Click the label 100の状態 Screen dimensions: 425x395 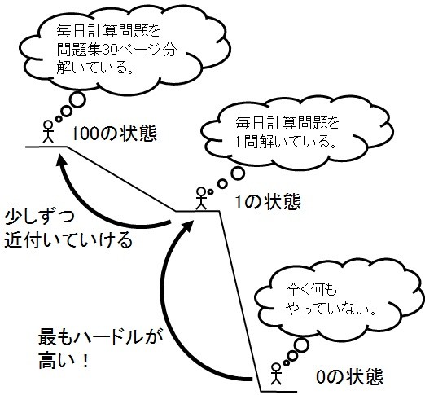click(114, 134)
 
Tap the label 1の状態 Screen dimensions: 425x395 click(268, 202)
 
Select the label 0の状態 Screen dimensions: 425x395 click(349, 376)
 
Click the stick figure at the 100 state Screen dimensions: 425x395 click(48, 132)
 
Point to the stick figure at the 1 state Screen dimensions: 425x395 click(201, 199)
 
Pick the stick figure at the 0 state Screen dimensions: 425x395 click(276, 374)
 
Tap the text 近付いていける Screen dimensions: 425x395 click(68, 239)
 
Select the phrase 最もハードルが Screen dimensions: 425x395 click(100, 337)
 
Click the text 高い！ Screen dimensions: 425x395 click(64, 361)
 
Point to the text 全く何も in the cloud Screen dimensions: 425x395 click(311, 290)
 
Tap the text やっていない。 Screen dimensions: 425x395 click(331, 309)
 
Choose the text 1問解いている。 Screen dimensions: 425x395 click(286, 142)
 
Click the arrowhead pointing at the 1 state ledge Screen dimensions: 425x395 click(187, 226)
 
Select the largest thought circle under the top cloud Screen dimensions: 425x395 click(77, 100)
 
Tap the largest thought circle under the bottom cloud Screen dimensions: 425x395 click(300, 345)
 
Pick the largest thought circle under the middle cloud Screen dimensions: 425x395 click(238, 173)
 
